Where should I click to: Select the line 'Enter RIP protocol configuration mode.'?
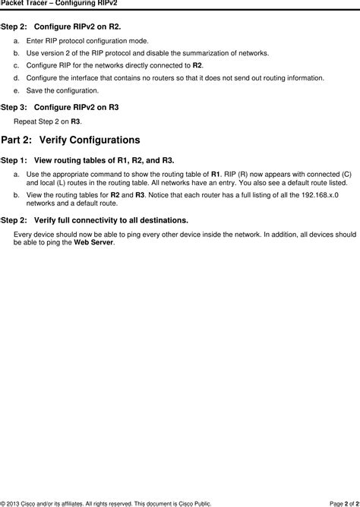[x=87, y=40]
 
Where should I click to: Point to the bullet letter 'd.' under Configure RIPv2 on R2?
[x=17, y=77]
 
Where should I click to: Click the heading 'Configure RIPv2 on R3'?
[x=76, y=108]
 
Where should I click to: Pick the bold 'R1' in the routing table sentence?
[x=216, y=174]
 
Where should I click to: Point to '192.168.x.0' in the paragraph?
[x=319, y=195]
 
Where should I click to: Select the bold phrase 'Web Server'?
[x=93, y=242]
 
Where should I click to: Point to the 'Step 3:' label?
[x=15, y=108]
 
